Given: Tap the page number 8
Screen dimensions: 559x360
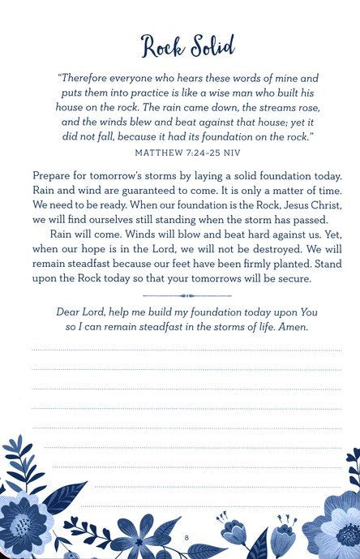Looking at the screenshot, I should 186,538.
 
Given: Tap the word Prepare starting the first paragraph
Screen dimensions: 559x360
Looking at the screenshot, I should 55,174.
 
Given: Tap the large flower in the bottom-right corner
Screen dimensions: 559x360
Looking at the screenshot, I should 337,519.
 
